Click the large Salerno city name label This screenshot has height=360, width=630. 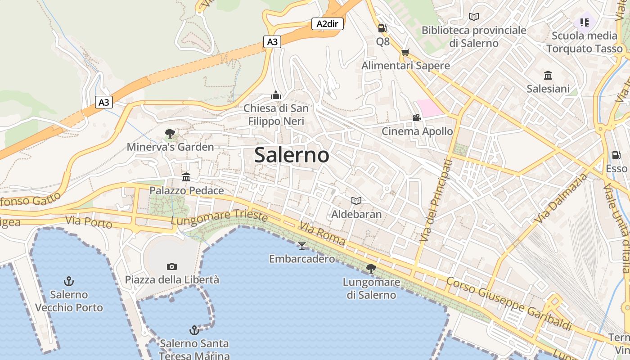click(292, 155)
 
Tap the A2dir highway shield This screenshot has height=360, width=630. click(327, 24)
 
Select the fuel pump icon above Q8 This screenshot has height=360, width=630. click(382, 28)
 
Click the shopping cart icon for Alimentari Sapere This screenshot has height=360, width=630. click(405, 53)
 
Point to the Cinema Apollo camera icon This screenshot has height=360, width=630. click(417, 118)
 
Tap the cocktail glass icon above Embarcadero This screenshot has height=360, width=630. click(301, 245)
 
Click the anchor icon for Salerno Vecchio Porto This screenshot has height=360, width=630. click(69, 282)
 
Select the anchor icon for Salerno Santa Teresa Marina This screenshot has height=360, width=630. click(194, 330)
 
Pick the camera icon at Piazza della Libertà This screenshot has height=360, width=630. click(171, 266)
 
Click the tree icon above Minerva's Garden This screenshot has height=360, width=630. click(170, 133)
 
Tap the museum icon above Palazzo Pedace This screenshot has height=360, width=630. click(186, 177)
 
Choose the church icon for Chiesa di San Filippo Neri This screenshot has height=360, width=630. click(276, 95)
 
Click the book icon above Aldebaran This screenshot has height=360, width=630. click(356, 201)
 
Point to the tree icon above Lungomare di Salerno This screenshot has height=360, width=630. click(371, 269)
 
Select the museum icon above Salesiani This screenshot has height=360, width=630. click(548, 75)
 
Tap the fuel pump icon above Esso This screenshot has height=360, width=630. click(616, 155)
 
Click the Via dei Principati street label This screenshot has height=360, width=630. click(435, 200)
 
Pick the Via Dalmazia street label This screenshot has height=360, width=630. click(561, 198)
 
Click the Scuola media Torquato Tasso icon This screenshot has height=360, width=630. click(585, 22)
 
